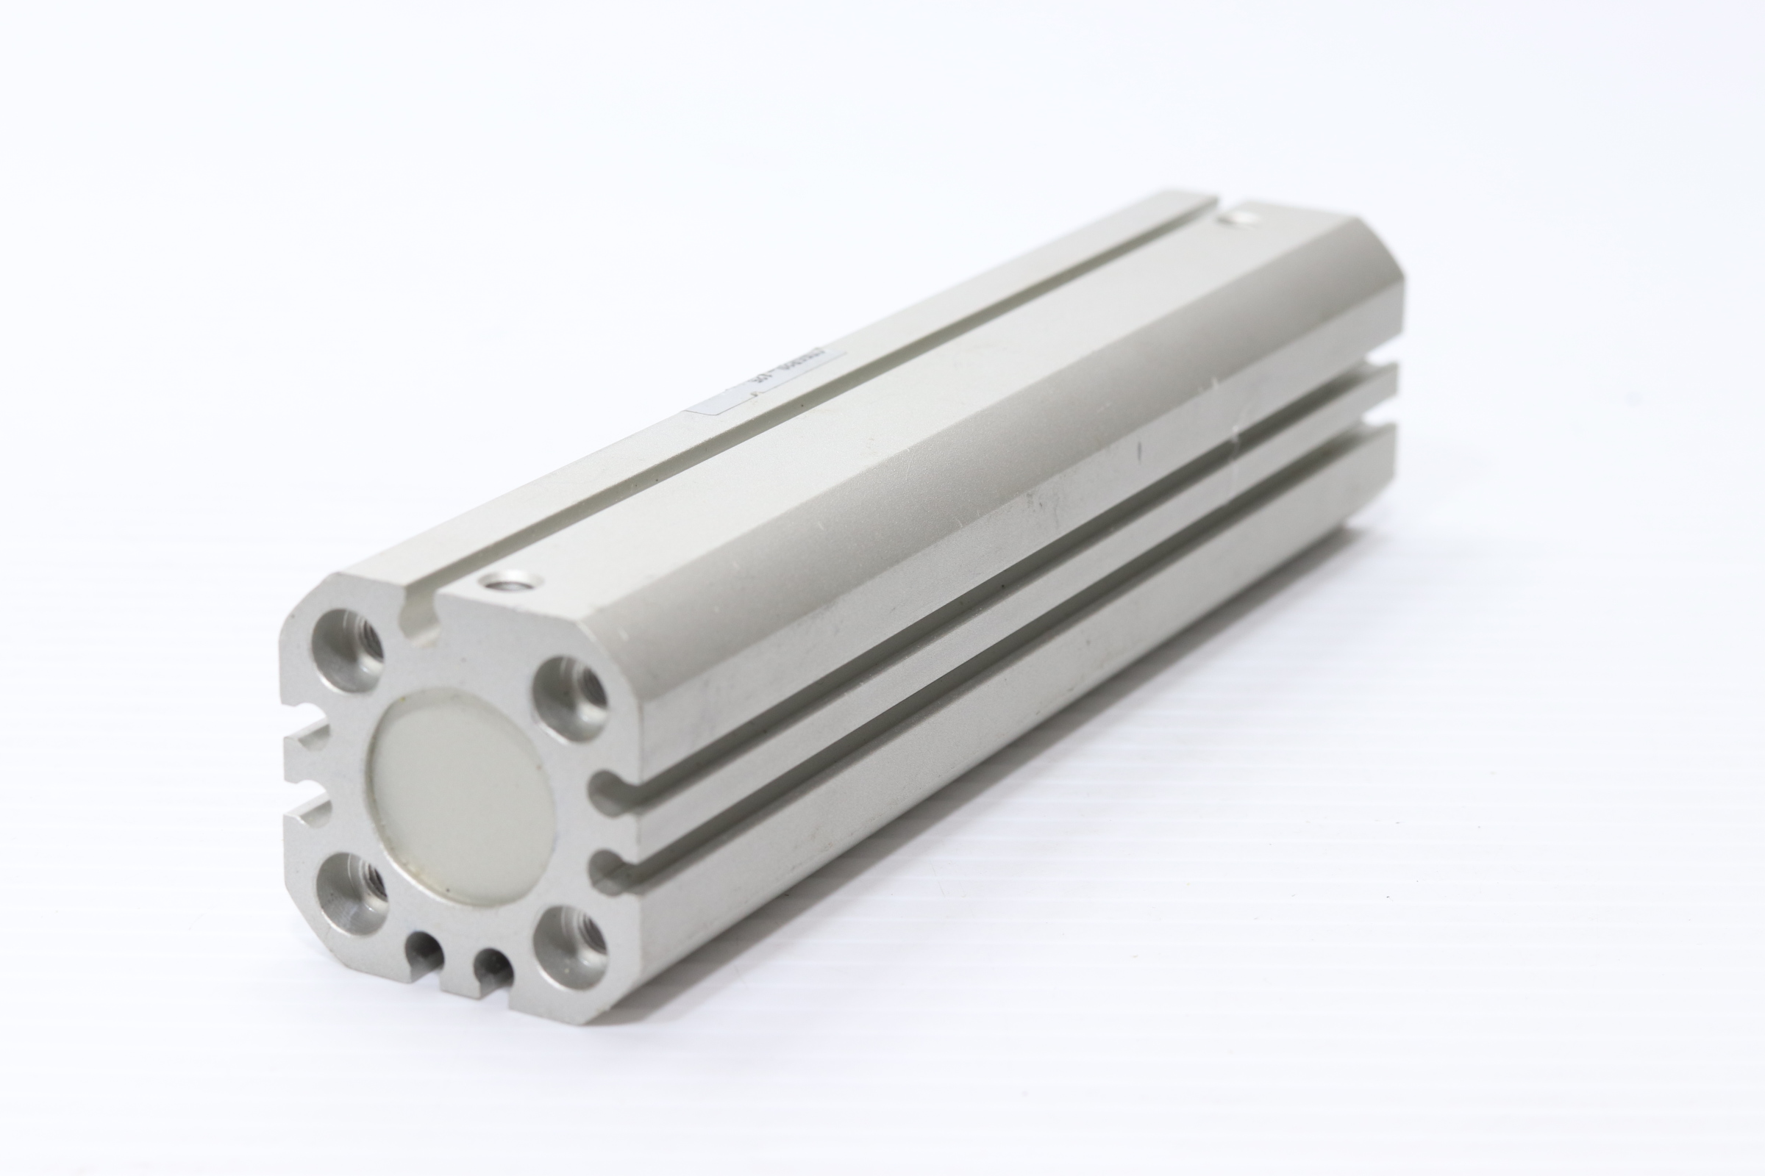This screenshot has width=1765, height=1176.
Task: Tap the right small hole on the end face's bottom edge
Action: click(493, 967)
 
